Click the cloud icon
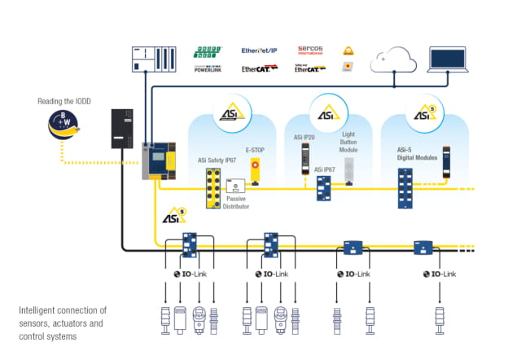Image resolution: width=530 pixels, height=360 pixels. pyautogui.click(x=392, y=59)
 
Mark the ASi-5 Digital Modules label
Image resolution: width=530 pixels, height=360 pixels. pyautogui.click(x=417, y=153)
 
